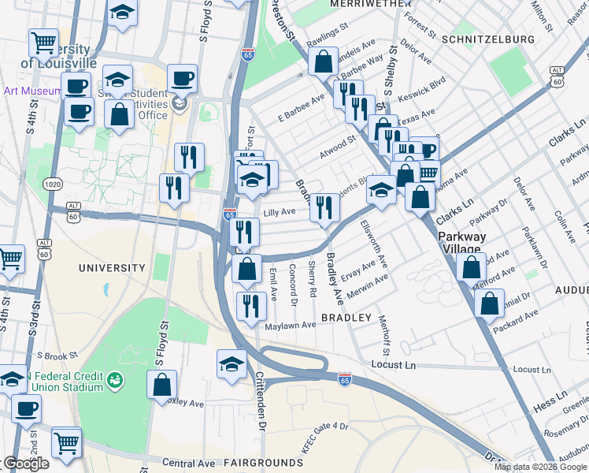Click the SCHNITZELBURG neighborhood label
pos(488,39)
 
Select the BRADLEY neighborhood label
pos(346,318)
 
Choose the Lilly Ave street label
pos(279,212)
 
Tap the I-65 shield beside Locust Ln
pos(344,379)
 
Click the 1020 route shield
pos(53,184)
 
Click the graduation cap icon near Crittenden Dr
pos(232,363)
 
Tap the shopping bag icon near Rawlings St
pos(323,60)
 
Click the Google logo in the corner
pos(27,464)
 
